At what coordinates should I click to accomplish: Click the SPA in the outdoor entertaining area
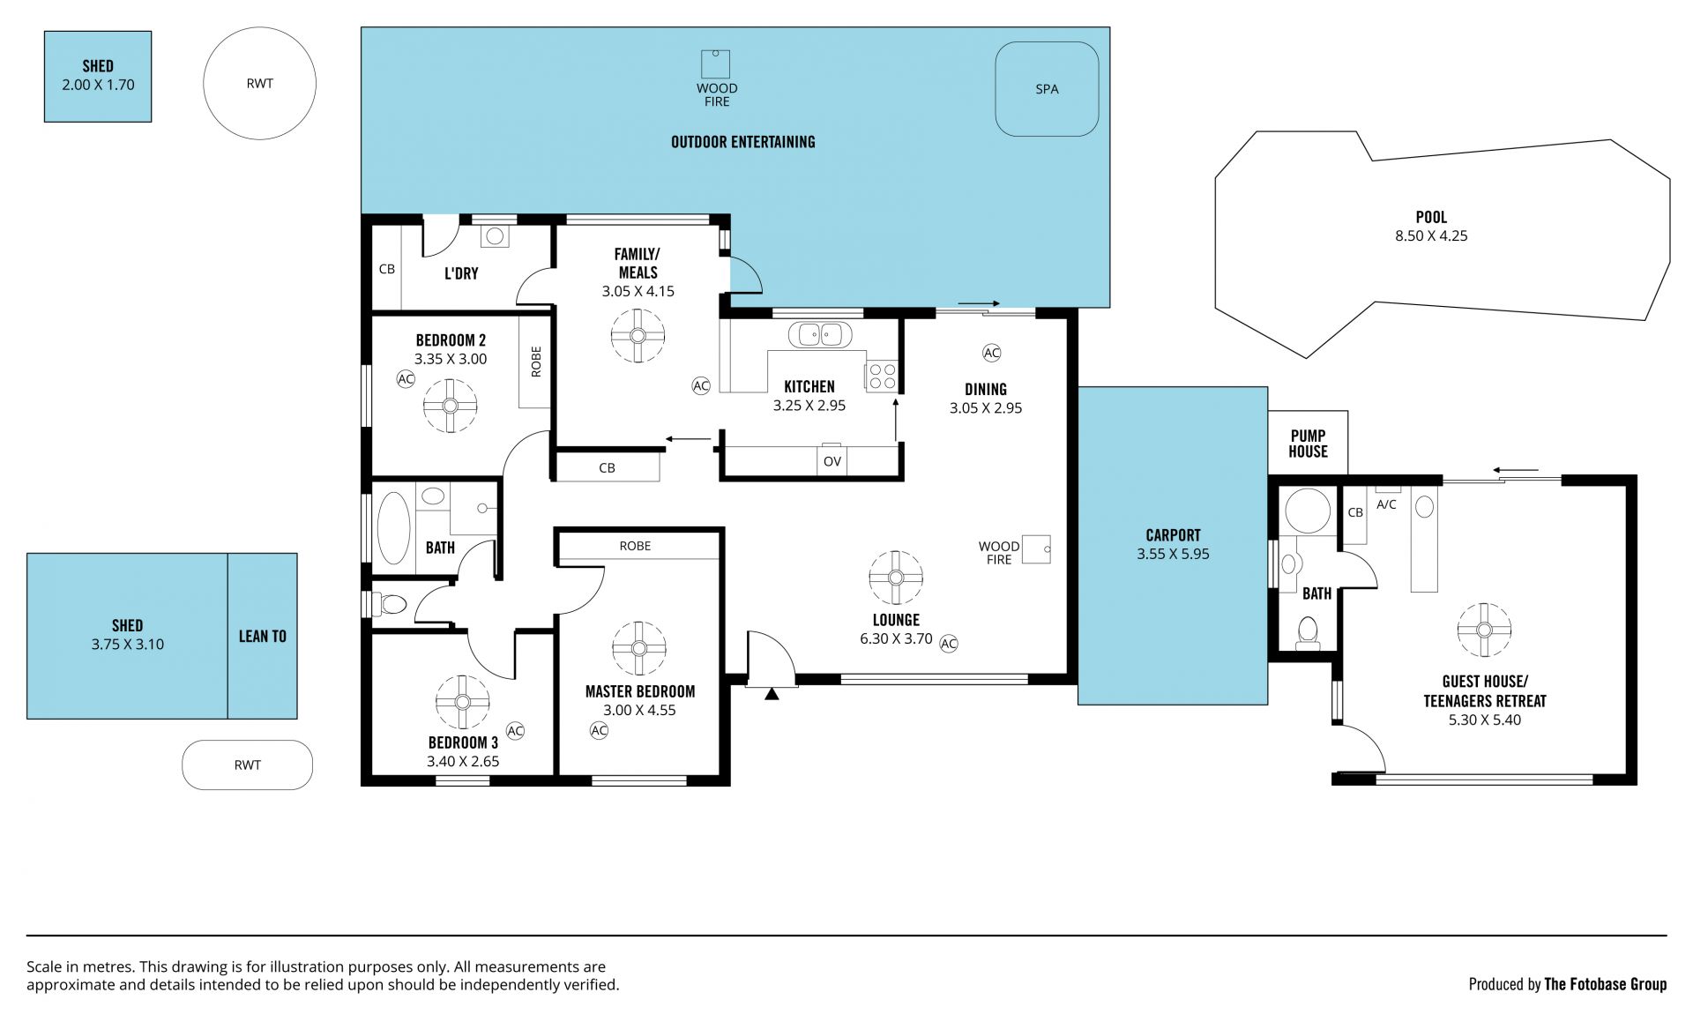pos(1047,89)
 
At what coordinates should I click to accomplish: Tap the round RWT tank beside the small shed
pos(259,84)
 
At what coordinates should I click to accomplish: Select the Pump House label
pos(1308,444)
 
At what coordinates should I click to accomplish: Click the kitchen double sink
pos(820,334)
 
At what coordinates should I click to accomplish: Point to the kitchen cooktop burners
pos(881,377)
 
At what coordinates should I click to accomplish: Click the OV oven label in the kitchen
pos(832,461)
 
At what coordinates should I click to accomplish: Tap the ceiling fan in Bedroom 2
pos(450,406)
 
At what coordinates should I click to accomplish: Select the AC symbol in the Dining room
pos(991,353)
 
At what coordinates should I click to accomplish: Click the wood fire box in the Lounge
pos(1036,549)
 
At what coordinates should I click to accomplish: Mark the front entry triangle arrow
pos(772,694)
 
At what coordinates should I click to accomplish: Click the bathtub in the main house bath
pos(393,527)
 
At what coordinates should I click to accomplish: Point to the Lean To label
pos(263,636)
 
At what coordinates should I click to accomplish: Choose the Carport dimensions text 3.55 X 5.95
pos(1173,554)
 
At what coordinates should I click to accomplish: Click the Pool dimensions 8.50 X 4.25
pos(1431,235)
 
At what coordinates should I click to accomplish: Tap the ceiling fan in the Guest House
pos(1484,630)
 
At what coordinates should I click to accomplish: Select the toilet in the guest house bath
pos(1308,632)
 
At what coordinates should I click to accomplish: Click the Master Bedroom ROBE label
pos(635,546)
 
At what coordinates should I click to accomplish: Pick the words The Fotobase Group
pos(1605,984)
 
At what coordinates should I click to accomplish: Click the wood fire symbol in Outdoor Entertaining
pos(716,64)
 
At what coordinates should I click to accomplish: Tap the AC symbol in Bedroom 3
pos(515,731)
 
